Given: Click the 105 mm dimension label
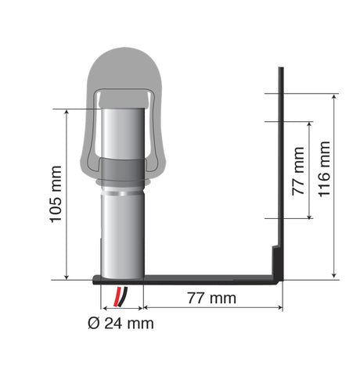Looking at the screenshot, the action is pos(56,194).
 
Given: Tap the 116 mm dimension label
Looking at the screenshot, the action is pos(324,169).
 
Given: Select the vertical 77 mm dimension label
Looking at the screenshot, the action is pos(298,171).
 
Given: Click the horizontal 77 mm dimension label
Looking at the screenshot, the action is pos(211,298).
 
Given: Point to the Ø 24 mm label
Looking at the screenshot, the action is pos(121,324).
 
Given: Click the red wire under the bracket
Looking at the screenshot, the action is pos(117,296).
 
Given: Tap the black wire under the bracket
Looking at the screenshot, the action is pos(123,296).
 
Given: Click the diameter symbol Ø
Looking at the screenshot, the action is pos(94,324).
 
